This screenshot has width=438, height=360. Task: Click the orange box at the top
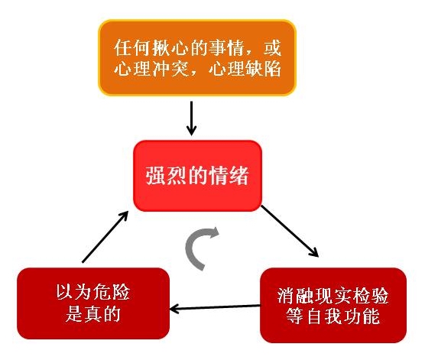pyautogui.click(x=197, y=58)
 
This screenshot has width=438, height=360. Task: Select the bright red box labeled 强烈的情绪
pyautogui.click(x=197, y=176)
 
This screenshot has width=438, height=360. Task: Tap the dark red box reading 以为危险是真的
pyautogui.click(x=93, y=303)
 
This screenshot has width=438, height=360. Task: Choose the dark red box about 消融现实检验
pyautogui.click(x=333, y=305)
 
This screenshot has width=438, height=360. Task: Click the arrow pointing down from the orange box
pyautogui.click(x=191, y=118)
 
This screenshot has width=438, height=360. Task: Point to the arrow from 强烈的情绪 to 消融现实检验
pyautogui.click(x=290, y=231)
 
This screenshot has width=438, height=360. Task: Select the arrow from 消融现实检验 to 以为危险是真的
pyautogui.click(x=215, y=307)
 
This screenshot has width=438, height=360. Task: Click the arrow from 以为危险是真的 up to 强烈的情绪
pyautogui.click(x=105, y=237)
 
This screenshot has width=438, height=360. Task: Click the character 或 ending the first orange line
pyautogui.click(x=272, y=47)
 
